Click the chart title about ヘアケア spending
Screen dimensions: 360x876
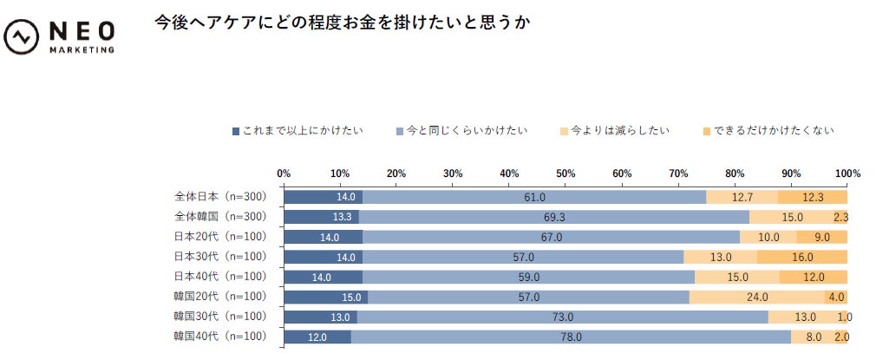(x=343, y=22)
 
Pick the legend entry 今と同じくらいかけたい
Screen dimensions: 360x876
(x=461, y=131)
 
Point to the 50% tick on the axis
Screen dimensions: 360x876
(x=565, y=173)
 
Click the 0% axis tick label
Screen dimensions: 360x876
(x=284, y=173)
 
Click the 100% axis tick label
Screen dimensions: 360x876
(x=847, y=173)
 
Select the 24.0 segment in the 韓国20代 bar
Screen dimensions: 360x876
(x=756, y=297)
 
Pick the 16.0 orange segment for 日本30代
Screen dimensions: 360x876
(x=801, y=257)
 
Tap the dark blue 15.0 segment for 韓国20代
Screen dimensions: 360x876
(x=325, y=297)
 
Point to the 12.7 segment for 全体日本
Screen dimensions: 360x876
(x=742, y=197)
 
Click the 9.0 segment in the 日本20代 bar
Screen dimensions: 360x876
(x=821, y=237)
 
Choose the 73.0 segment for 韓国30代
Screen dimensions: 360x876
(x=562, y=317)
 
